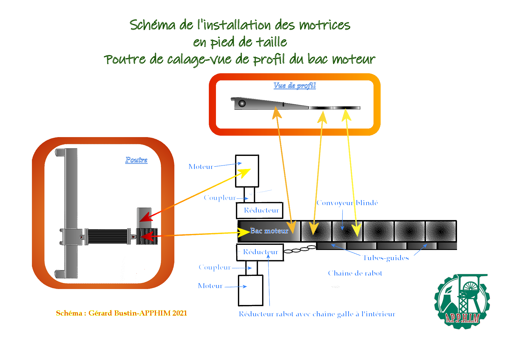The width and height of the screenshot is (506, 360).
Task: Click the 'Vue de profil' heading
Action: point(295,86)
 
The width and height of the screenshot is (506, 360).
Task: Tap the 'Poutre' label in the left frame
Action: point(136,160)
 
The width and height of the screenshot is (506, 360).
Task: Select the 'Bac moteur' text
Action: point(269,231)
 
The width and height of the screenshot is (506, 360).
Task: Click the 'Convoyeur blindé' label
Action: point(347,203)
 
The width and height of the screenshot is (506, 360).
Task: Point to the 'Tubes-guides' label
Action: point(386,258)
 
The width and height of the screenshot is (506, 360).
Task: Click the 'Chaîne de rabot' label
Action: point(355,273)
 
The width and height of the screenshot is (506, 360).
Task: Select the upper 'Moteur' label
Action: point(201,167)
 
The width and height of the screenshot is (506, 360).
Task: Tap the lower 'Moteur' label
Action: point(210,286)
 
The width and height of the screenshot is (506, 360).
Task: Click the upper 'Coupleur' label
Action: point(220,198)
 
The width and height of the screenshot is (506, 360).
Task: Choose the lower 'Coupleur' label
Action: point(215,267)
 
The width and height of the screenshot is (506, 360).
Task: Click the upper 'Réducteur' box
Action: point(260,210)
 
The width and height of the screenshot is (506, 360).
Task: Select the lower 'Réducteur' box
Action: point(260,252)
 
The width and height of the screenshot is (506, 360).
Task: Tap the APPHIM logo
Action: point(462,302)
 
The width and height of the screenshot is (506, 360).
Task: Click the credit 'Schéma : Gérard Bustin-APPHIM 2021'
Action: point(121,313)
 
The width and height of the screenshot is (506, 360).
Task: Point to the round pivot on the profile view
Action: point(242,103)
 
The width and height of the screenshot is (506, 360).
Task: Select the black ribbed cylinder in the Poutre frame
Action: point(107,236)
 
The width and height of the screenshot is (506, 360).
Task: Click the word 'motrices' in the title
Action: point(325,25)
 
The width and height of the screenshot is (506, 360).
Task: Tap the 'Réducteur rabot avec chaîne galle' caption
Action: point(317,314)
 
